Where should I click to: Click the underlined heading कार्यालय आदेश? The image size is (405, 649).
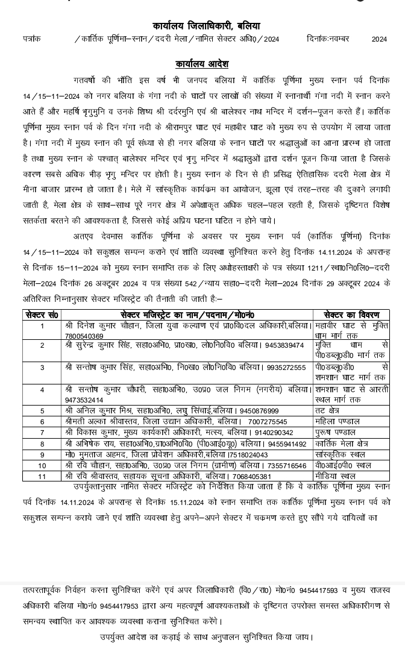202,64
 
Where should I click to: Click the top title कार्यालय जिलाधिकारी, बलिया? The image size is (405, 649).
206,27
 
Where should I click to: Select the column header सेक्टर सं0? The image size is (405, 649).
42,315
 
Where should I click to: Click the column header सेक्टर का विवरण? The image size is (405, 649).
351,315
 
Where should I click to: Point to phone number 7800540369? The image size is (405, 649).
84,336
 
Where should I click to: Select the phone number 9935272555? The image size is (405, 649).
286,367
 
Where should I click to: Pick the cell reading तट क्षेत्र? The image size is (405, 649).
328,411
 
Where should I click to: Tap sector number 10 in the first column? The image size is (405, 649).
42,465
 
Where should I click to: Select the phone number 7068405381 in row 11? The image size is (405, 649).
252,476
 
